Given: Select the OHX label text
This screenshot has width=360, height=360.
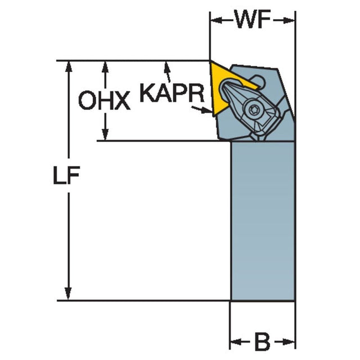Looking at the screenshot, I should point(104,101).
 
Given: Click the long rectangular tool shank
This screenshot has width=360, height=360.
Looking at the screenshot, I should point(263,219).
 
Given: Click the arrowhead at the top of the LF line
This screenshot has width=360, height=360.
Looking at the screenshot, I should point(69,65).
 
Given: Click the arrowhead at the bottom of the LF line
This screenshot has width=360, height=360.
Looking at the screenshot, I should point(69,295).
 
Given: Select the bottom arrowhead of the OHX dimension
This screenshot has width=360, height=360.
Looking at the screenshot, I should point(103,136).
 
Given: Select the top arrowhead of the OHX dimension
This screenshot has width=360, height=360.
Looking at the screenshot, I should point(103,65).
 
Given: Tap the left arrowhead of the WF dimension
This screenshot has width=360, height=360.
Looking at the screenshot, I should point(215,21).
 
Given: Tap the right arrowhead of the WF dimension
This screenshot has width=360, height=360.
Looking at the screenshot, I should point(290,21).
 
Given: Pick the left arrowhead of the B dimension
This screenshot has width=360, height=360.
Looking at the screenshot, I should point(236,341).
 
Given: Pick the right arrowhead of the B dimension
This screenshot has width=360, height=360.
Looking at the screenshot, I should point(290,341).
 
